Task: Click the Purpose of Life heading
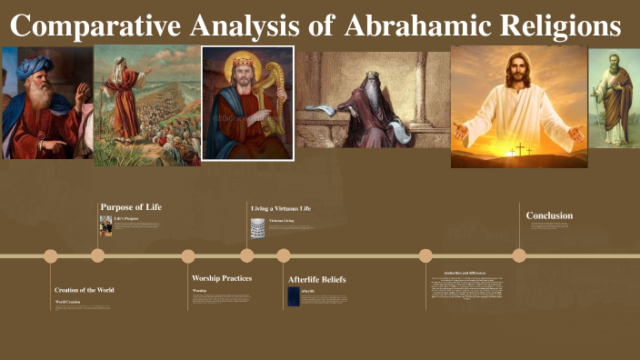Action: pos(131,207)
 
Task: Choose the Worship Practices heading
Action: pos(222,278)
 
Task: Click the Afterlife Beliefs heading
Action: pos(316,279)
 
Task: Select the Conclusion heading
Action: pos(549,215)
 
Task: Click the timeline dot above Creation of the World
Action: pos(51,255)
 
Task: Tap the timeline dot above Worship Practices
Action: pos(188,255)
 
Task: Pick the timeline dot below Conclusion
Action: pos(519,255)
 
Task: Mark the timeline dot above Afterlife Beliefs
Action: pos(284,255)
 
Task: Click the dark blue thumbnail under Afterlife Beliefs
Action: pos(294,296)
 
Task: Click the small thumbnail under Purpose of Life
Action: pos(105,225)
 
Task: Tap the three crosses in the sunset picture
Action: pos(519,148)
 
